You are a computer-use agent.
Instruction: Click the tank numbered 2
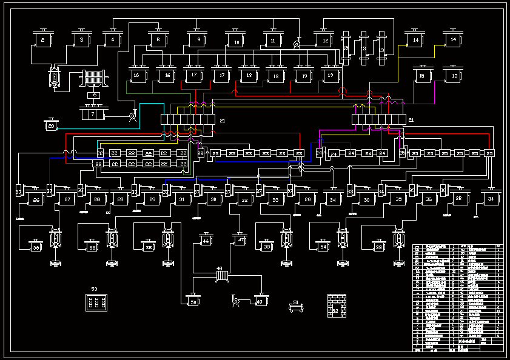click(42, 40)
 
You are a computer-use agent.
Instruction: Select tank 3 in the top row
click(81, 40)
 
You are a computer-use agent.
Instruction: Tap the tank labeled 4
click(112, 40)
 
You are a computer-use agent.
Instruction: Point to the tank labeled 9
click(198, 40)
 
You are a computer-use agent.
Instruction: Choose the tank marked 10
click(236, 41)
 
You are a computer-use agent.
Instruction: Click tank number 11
click(273, 41)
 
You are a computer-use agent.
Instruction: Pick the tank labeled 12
click(325, 41)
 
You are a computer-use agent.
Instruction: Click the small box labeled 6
click(93, 95)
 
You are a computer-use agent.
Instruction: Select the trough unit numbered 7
click(93, 113)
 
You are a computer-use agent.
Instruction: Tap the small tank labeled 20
click(52, 126)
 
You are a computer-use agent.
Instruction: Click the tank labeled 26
click(36, 199)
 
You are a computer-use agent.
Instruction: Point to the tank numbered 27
click(67, 199)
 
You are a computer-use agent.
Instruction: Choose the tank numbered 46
click(206, 241)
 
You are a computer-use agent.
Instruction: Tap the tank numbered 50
click(193, 301)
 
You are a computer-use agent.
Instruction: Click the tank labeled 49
click(261, 301)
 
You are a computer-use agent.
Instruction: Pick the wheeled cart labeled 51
click(296, 307)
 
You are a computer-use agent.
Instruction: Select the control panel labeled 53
click(96, 302)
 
